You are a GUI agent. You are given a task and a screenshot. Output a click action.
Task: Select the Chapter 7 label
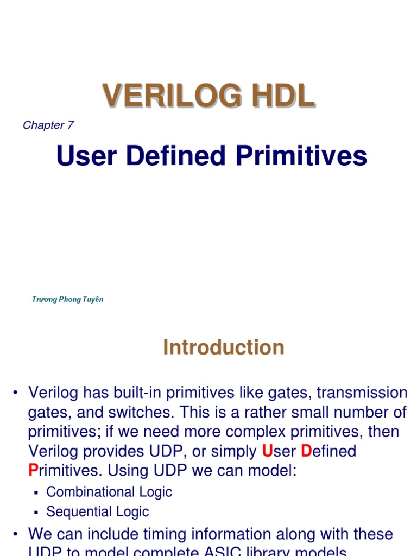click(48, 125)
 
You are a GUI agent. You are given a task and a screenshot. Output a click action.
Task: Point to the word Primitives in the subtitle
click(301, 156)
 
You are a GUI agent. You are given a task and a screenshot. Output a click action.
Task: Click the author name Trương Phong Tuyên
click(68, 299)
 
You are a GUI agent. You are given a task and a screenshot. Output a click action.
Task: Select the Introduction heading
click(223, 347)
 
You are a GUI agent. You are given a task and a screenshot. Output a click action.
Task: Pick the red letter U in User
click(267, 451)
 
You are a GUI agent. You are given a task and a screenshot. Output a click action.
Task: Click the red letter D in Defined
click(306, 451)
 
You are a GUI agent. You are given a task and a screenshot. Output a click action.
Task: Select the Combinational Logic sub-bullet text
click(109, 492)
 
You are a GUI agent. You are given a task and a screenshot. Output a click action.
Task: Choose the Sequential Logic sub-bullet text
click(98, 511)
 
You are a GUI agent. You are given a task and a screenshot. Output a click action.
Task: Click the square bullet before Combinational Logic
click(36, 492)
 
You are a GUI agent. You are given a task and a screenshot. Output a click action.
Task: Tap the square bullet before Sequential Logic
click(36, 512)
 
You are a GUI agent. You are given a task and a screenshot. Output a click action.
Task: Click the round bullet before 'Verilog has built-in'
click(15, 393)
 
